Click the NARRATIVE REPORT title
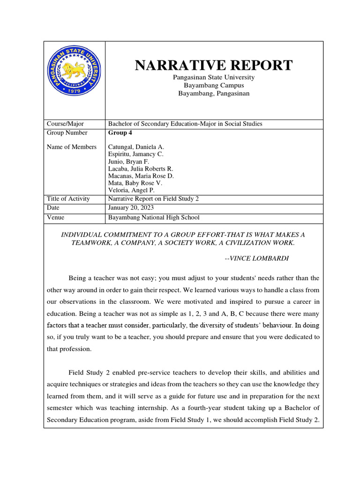(x=214, y=65)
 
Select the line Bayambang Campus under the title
(x=214, y=85)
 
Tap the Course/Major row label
(x=65, y=124)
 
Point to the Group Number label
(x=67, y=133)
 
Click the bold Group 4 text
(x=120, y=133)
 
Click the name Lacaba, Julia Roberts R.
(x=141, y=168)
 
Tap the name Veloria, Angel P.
(x=130, y=190)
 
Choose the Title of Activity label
(x=68, y=199)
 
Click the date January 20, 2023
(x=131, y=208)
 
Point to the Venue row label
(x=56, y=217)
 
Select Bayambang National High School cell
(x=154, y=217)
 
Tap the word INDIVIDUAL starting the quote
(x=84, y=234)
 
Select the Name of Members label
(x=72, y=147)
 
